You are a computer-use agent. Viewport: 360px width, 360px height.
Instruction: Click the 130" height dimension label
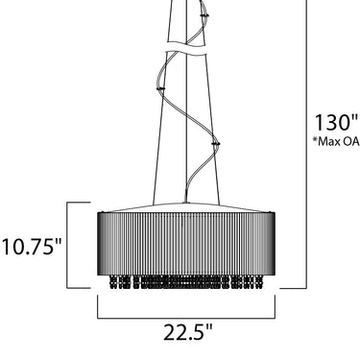click(x=336, y=122)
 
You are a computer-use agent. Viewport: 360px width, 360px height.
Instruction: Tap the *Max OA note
click(x=336, y=141)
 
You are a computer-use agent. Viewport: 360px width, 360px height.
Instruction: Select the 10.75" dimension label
click(x=32, y=247)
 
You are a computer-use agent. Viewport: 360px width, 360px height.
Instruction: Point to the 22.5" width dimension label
click(x=188, y=332)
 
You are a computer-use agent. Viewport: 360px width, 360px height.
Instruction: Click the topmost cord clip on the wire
click(x=204, y=15)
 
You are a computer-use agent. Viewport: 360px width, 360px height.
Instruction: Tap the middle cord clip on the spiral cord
click(x=160, y=88)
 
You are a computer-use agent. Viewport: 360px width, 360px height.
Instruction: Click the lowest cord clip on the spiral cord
click(x=216, y=144)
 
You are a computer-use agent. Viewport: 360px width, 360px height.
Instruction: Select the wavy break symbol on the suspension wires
click(x=185, y=47)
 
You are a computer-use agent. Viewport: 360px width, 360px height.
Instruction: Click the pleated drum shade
click(x=186, y=243)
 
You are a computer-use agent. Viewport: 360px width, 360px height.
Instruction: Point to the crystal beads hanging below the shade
click(x=186, y=282)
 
